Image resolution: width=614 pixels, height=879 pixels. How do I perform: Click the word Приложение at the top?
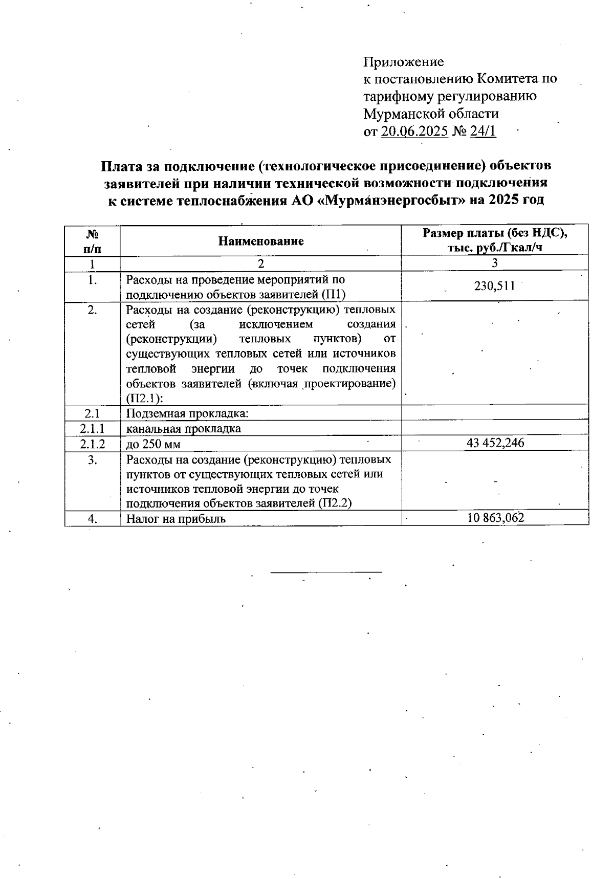click(x=403, y=62)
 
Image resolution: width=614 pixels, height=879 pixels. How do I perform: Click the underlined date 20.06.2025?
click(x=415, y=131)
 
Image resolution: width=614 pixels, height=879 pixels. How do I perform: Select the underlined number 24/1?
click(x=483, y=131)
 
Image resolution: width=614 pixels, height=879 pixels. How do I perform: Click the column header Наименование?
click(x=261, y=241)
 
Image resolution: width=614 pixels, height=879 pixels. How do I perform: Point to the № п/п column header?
click(x=92, y=241)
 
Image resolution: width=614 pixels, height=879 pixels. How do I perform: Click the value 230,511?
click(x=494, y=286)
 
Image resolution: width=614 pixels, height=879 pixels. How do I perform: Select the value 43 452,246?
click(x=495, y=443)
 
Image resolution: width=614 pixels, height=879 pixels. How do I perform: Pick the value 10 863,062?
click(x=495, y=518)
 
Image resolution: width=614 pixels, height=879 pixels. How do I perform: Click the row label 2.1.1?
click(x=92, y=428)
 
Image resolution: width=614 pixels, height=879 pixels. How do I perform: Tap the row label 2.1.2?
click(x=92, y=444)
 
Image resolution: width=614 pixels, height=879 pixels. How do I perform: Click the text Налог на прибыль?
click(x=176, y=518)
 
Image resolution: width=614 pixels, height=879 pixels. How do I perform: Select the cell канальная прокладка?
click(x=183, y=428)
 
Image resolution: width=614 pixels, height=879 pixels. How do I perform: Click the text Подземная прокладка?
click(x=187, y=413)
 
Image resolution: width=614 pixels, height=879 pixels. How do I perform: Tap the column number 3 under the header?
click(x=494, y=263)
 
